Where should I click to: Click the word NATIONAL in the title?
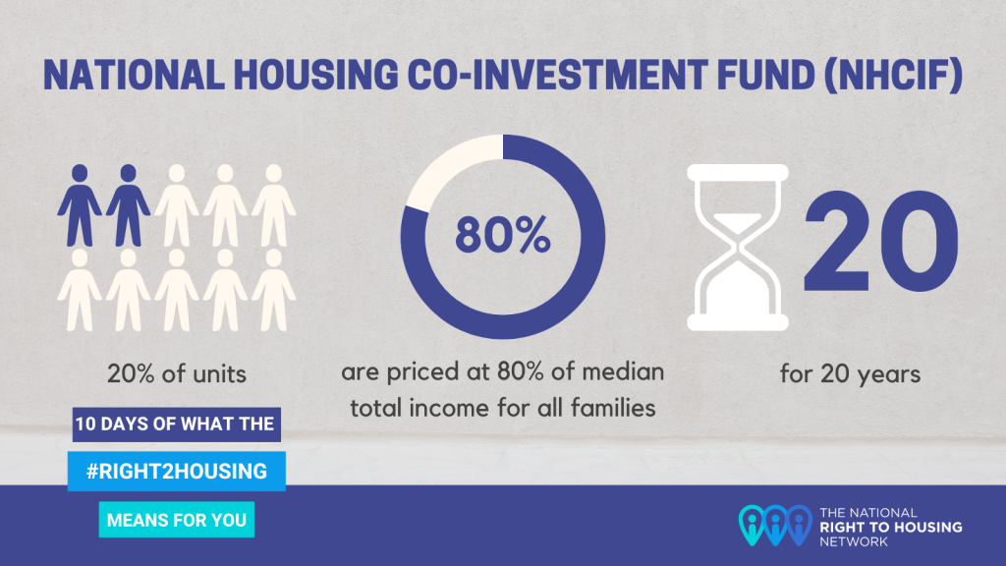[134, 75]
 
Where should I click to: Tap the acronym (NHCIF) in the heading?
[893, 75]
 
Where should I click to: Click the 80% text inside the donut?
[503, 235]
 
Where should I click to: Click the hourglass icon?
[738, 248]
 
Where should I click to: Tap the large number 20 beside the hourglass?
[881, 242]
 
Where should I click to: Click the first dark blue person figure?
[80, 205]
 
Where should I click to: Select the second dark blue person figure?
[129, 205]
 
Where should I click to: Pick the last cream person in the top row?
[274, 205]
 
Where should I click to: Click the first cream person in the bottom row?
[80, 290]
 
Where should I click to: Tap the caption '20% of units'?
[177, 373]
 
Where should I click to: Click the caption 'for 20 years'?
[850, 373]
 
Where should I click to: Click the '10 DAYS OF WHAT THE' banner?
[177, 424]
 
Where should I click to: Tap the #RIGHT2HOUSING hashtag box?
[177, 471]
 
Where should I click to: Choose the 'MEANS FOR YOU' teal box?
[177, 520]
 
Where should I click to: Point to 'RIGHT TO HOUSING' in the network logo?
[890, 527]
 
